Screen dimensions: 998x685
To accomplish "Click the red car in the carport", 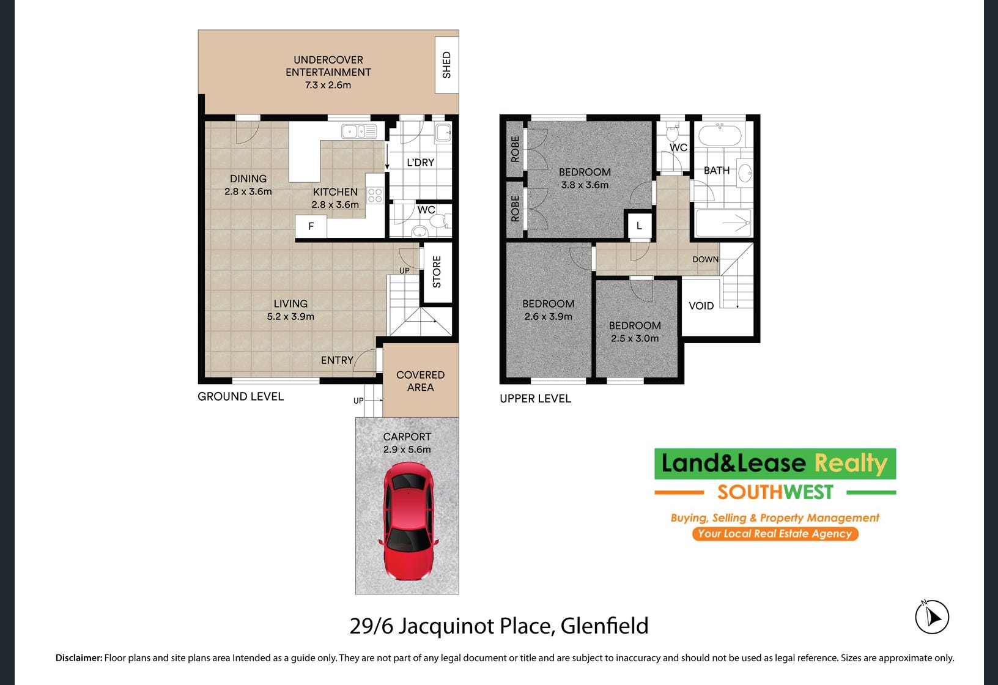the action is pos(408,521).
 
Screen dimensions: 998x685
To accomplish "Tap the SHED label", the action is pos(446,65).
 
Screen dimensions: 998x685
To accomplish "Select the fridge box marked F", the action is pos(311,226).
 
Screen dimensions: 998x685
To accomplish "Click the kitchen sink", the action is pos(359,131).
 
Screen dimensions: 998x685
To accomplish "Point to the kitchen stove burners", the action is pos(375,196).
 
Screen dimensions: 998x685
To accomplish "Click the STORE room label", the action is pos(437,272).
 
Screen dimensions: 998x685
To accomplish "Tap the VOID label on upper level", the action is pos(701,306).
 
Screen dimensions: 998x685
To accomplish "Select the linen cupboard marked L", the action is pos(639,226).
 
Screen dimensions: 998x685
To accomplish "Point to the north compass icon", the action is pos(932,617).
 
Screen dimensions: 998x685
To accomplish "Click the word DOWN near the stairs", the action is pos(705,259).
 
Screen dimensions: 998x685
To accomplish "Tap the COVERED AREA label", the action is pos(421,381).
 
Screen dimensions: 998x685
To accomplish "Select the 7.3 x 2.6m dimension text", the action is pos(328,85).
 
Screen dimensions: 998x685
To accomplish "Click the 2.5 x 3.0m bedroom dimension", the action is pos(635,338).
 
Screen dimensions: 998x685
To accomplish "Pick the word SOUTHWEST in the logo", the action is pos(775,492).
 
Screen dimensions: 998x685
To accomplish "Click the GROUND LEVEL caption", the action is pos(240,397).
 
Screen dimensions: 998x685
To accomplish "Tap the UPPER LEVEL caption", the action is pos(536,398).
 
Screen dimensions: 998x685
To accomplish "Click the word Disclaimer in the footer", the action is pos(79,658).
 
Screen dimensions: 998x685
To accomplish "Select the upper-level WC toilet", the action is pos(673,132).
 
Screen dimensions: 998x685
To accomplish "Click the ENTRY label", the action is pos(338,360).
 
